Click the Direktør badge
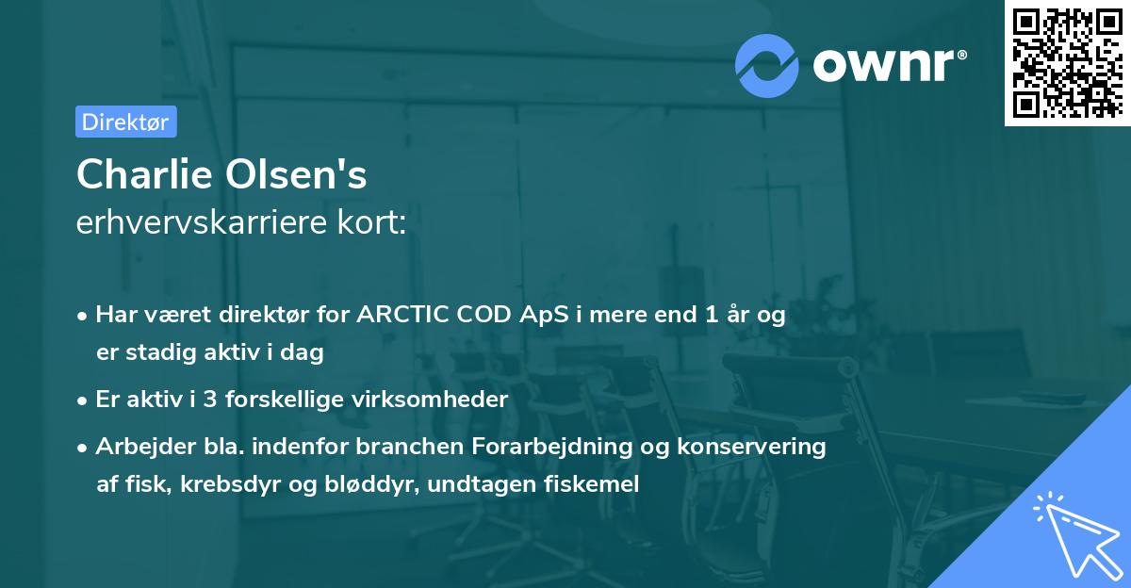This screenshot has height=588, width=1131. tap(125, 122)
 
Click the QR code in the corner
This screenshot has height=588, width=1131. tap(1066, 62)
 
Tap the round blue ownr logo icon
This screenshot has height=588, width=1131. tap(768, 64)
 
